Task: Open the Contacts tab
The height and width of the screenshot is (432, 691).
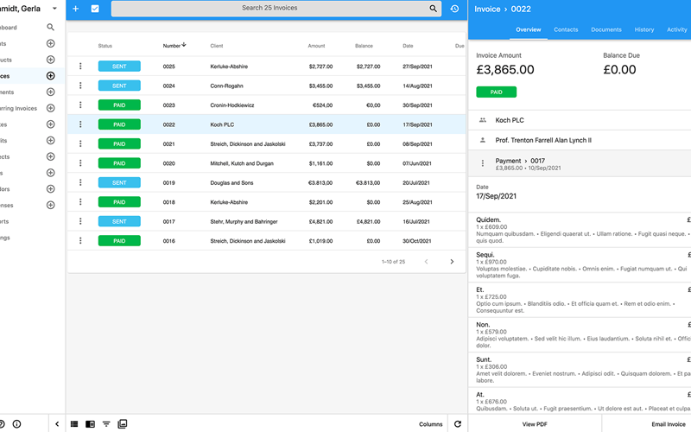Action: (566, 30)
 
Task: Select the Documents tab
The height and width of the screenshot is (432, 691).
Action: (606, 30)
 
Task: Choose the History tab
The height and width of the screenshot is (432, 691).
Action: (644, 30)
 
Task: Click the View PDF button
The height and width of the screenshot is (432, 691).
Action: (535, 424)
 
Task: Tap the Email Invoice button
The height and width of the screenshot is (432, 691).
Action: (669, 424)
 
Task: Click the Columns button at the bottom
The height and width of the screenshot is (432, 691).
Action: (431, 424)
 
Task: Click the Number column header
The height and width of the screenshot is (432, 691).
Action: (173, 46)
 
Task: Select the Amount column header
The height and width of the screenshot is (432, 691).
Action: (316, 46)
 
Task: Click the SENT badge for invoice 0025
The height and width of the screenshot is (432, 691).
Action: (119, 67)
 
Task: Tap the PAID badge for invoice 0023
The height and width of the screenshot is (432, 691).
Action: (119, 105)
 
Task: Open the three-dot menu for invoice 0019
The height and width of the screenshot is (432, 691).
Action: (80, 183)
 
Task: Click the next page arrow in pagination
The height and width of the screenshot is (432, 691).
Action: (452, 262)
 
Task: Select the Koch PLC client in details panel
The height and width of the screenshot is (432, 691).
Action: (510, 120)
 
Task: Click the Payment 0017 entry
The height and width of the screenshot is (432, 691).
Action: (527, 164)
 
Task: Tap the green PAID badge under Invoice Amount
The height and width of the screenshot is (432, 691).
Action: (497, 92)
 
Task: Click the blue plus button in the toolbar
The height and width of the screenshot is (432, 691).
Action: (75, 9)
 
